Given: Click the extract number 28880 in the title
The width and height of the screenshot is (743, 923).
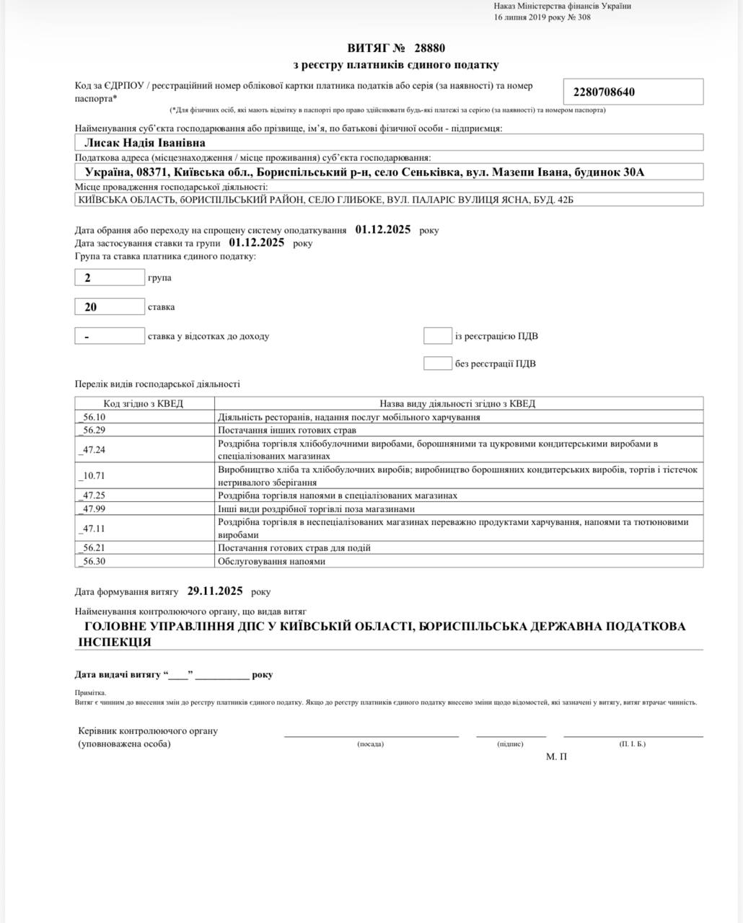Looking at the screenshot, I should pos(430,48).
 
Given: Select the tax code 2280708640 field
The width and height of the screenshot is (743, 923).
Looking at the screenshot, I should pos(633,92).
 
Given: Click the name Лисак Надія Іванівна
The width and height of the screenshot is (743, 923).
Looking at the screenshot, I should pos(145,143).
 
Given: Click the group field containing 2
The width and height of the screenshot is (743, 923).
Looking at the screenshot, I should pos(110,277).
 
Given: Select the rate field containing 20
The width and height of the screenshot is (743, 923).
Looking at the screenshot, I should pos(110,306).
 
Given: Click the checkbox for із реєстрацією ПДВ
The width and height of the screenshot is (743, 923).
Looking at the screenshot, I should pos(437,335).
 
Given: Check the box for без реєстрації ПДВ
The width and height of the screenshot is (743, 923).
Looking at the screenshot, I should pos(437,363).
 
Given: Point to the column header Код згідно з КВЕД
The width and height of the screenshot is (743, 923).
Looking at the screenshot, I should pos(144,404).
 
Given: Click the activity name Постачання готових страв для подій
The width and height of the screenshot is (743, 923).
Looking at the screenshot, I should pos(294,548).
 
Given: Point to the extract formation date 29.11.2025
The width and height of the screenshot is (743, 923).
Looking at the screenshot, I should pos(215,591).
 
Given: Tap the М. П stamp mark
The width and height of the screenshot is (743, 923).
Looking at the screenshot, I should pos(556,756).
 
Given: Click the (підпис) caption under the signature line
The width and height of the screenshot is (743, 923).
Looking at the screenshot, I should pos(510,743).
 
